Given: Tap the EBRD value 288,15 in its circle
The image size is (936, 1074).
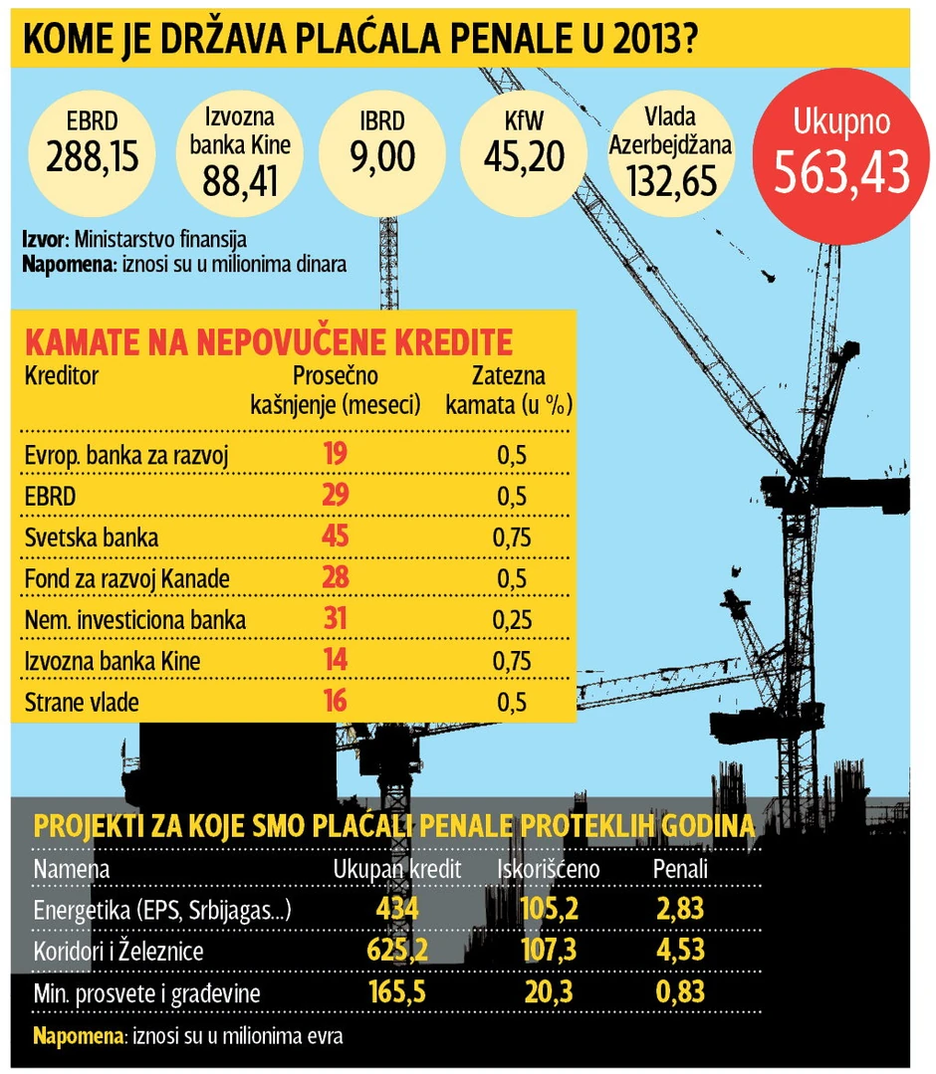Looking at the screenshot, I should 92,155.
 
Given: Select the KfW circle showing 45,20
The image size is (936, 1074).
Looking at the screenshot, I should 524,154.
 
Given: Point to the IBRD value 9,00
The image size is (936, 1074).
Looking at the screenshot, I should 381,156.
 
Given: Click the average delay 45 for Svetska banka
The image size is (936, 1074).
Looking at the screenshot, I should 335,537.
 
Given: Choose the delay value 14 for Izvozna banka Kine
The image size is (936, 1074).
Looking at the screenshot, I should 335,661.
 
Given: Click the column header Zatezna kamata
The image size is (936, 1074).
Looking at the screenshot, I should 508,391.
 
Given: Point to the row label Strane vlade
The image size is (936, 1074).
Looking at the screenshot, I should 82,703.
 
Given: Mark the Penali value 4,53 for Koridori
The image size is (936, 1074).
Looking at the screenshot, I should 679,951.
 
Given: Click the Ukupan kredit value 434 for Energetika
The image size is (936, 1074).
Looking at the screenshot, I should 397,910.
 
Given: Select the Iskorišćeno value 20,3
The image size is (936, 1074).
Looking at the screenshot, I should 549,991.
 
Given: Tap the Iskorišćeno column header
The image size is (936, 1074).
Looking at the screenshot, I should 549,869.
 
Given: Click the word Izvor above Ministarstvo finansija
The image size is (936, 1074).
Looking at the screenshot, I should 45,240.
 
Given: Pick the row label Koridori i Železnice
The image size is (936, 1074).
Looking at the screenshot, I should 118,952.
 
